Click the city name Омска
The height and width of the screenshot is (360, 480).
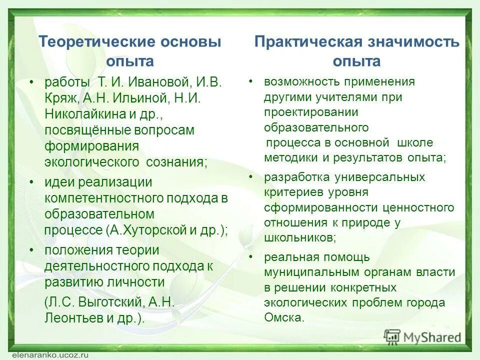pos(283,317)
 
